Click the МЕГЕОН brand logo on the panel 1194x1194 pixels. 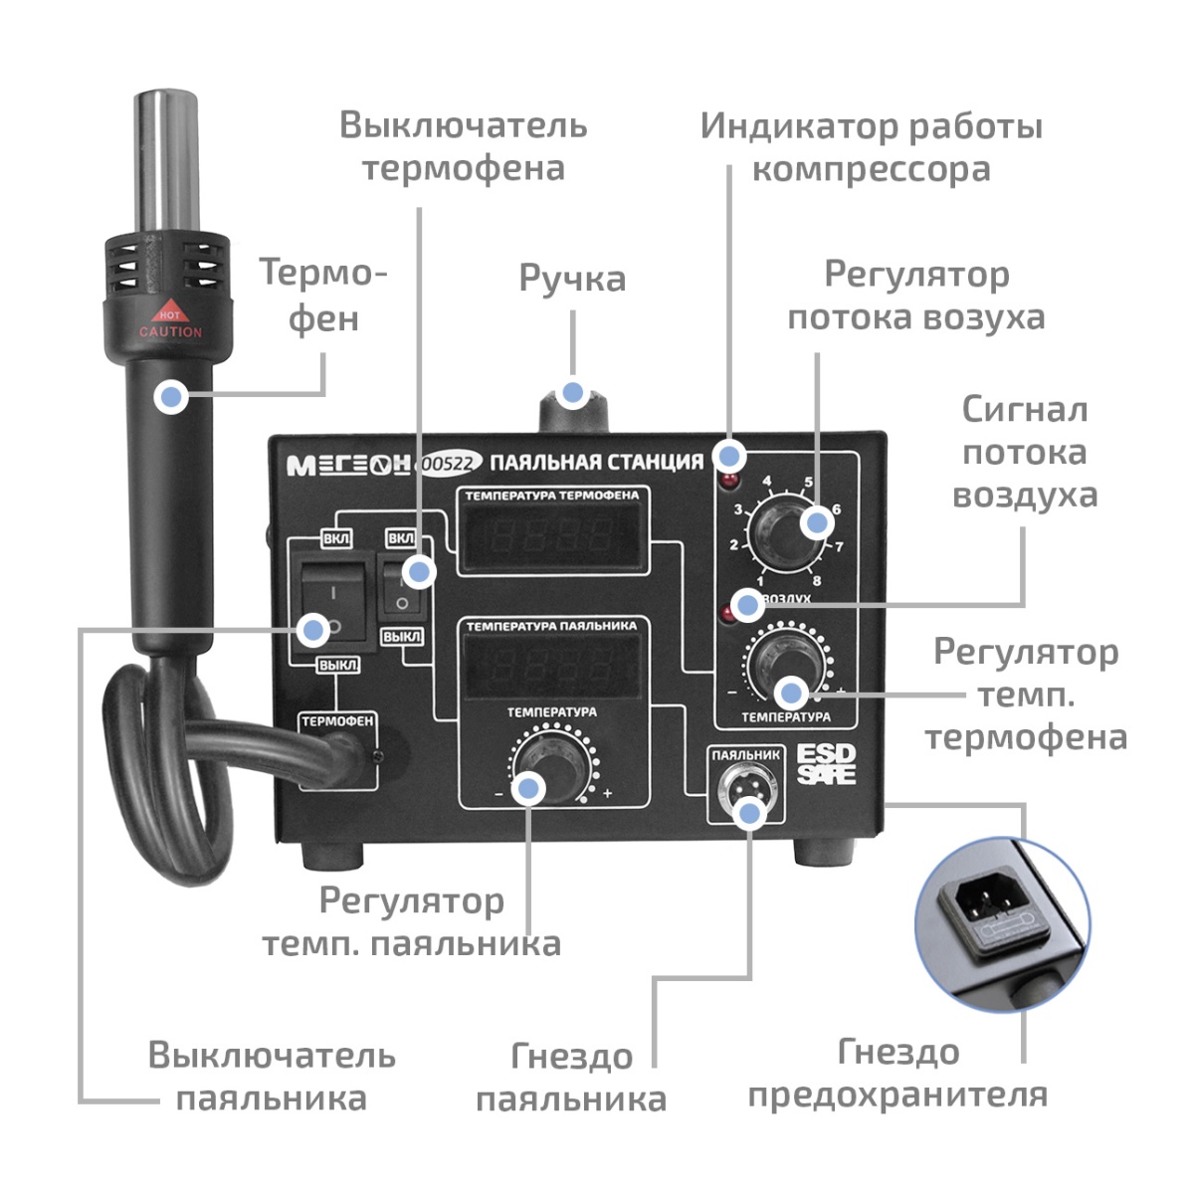coord(348,465)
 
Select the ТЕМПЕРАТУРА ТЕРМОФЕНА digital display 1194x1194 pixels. coord(553,537)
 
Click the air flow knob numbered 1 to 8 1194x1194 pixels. coord(784,533)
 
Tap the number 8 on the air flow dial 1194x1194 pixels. coord(817,580)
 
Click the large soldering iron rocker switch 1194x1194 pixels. coord(328,607)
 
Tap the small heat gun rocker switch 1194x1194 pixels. coord(402,587)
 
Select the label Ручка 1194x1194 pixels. coord(572,279)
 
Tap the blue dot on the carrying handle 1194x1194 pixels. coord(572,392)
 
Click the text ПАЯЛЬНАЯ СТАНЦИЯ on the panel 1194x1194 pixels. coord(597,463)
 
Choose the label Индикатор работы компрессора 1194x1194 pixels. coord(871,147)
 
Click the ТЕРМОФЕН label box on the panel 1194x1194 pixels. coord(337,720)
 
